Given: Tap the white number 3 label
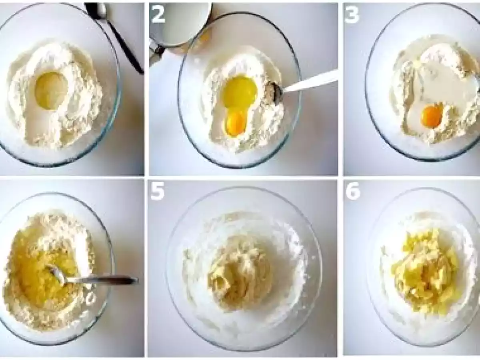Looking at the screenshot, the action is [x=352, y=15].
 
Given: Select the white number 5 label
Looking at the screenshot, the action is [x=158, y=192].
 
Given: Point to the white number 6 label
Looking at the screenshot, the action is [x=353, y=192].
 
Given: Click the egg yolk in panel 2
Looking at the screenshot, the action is [x=236, y=124].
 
